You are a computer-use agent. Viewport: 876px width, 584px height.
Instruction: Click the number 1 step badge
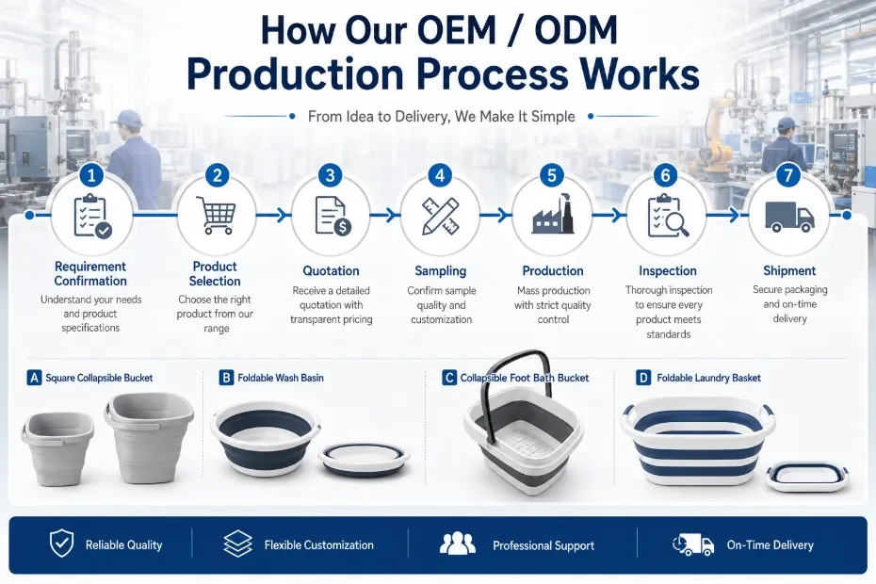(x=91, y=175)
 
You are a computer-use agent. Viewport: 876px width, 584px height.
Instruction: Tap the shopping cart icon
(x=216, y=215)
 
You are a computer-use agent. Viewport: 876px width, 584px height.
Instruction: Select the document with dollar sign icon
(x=333, y=216)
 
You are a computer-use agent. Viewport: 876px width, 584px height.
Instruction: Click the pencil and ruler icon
(x=441, y=216)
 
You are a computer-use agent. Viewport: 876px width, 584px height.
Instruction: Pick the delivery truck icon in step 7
(x=788, y=217)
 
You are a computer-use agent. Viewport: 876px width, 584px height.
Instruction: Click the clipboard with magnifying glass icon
(x=668, y=216)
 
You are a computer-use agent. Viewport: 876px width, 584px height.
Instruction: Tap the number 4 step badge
(x=440, y=175)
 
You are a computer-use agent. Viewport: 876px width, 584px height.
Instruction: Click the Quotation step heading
(x=331, y=271)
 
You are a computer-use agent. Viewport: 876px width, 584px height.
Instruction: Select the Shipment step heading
(x=789, y=270)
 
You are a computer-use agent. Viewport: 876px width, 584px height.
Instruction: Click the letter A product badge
(x=34, y=378)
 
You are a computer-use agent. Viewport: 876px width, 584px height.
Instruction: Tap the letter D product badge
(x=643, y=378)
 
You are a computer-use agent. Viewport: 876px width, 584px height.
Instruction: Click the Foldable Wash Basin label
(x=281, y=378)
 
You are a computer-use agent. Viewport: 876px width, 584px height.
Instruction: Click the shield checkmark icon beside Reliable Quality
(x=61, y=543)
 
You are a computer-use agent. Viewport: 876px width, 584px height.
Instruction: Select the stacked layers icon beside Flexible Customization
(x=237, y=543)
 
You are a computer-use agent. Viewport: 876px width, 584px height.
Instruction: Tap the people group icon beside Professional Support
(x=458, y=543)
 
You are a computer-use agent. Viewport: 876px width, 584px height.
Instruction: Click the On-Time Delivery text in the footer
(x=770, y=544)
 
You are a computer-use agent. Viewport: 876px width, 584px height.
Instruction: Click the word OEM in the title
(x=440, y=30)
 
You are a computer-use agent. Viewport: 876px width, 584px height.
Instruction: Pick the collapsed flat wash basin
(x=364, y=460)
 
